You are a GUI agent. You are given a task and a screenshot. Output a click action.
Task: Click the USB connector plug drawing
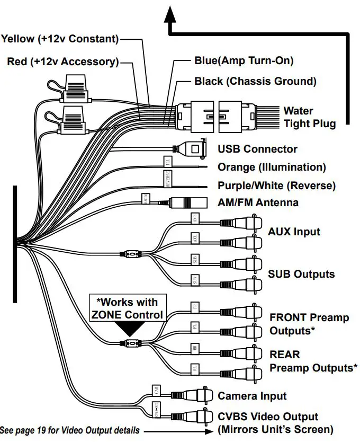191,149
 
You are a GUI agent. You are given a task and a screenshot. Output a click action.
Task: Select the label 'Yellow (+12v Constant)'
60,39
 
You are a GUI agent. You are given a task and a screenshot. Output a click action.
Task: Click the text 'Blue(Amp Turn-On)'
244,60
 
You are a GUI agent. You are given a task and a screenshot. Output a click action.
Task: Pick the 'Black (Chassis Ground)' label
255,81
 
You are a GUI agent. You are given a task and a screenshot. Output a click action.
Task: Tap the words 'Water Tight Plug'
309,117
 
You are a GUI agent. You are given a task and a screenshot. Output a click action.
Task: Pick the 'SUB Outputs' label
301,274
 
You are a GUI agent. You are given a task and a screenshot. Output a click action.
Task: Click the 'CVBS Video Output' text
268,417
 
